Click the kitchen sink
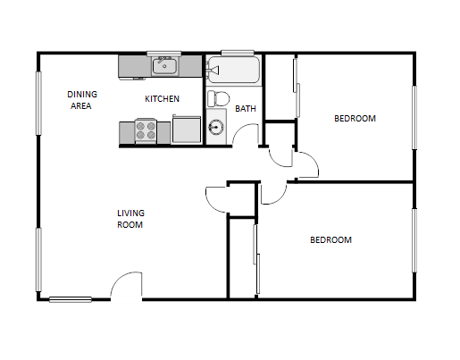click(x=164, y=65)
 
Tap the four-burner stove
click(x=146, y=131)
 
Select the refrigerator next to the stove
click(x=188, y=130)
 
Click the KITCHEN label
click(x=163, y=98)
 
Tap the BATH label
click(x=246, y=109)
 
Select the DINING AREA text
click(x=82, y=98)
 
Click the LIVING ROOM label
click(x=130, y=219)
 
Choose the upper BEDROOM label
click(x=355, y=118)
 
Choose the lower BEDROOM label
click(x=330, y=239)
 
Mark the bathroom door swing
click(x=247, y=135)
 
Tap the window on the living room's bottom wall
click(x=70, y=299)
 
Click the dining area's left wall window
click(x=38, y=103)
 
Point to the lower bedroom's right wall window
click(x=414, y=239)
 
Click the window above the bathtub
click(x=232, y=54)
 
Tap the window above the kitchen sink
click(x=163, y=54)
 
